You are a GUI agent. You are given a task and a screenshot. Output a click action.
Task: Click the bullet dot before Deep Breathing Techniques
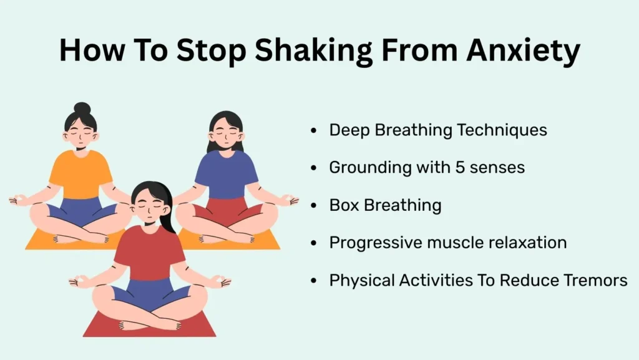click(313, 131)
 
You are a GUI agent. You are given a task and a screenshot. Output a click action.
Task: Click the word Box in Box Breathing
click(342, 205)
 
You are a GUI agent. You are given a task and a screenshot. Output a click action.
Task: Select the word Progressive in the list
click(373, 243)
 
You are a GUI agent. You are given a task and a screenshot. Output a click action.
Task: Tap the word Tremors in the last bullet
click(597, 280)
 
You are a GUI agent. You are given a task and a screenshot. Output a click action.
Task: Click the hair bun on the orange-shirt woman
click(82, 108)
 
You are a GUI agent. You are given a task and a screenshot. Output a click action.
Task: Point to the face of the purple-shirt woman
click(225, 134)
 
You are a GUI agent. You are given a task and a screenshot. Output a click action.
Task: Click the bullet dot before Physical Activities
click(313, 281)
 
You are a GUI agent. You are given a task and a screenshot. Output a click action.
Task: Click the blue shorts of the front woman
click(150, 293)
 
